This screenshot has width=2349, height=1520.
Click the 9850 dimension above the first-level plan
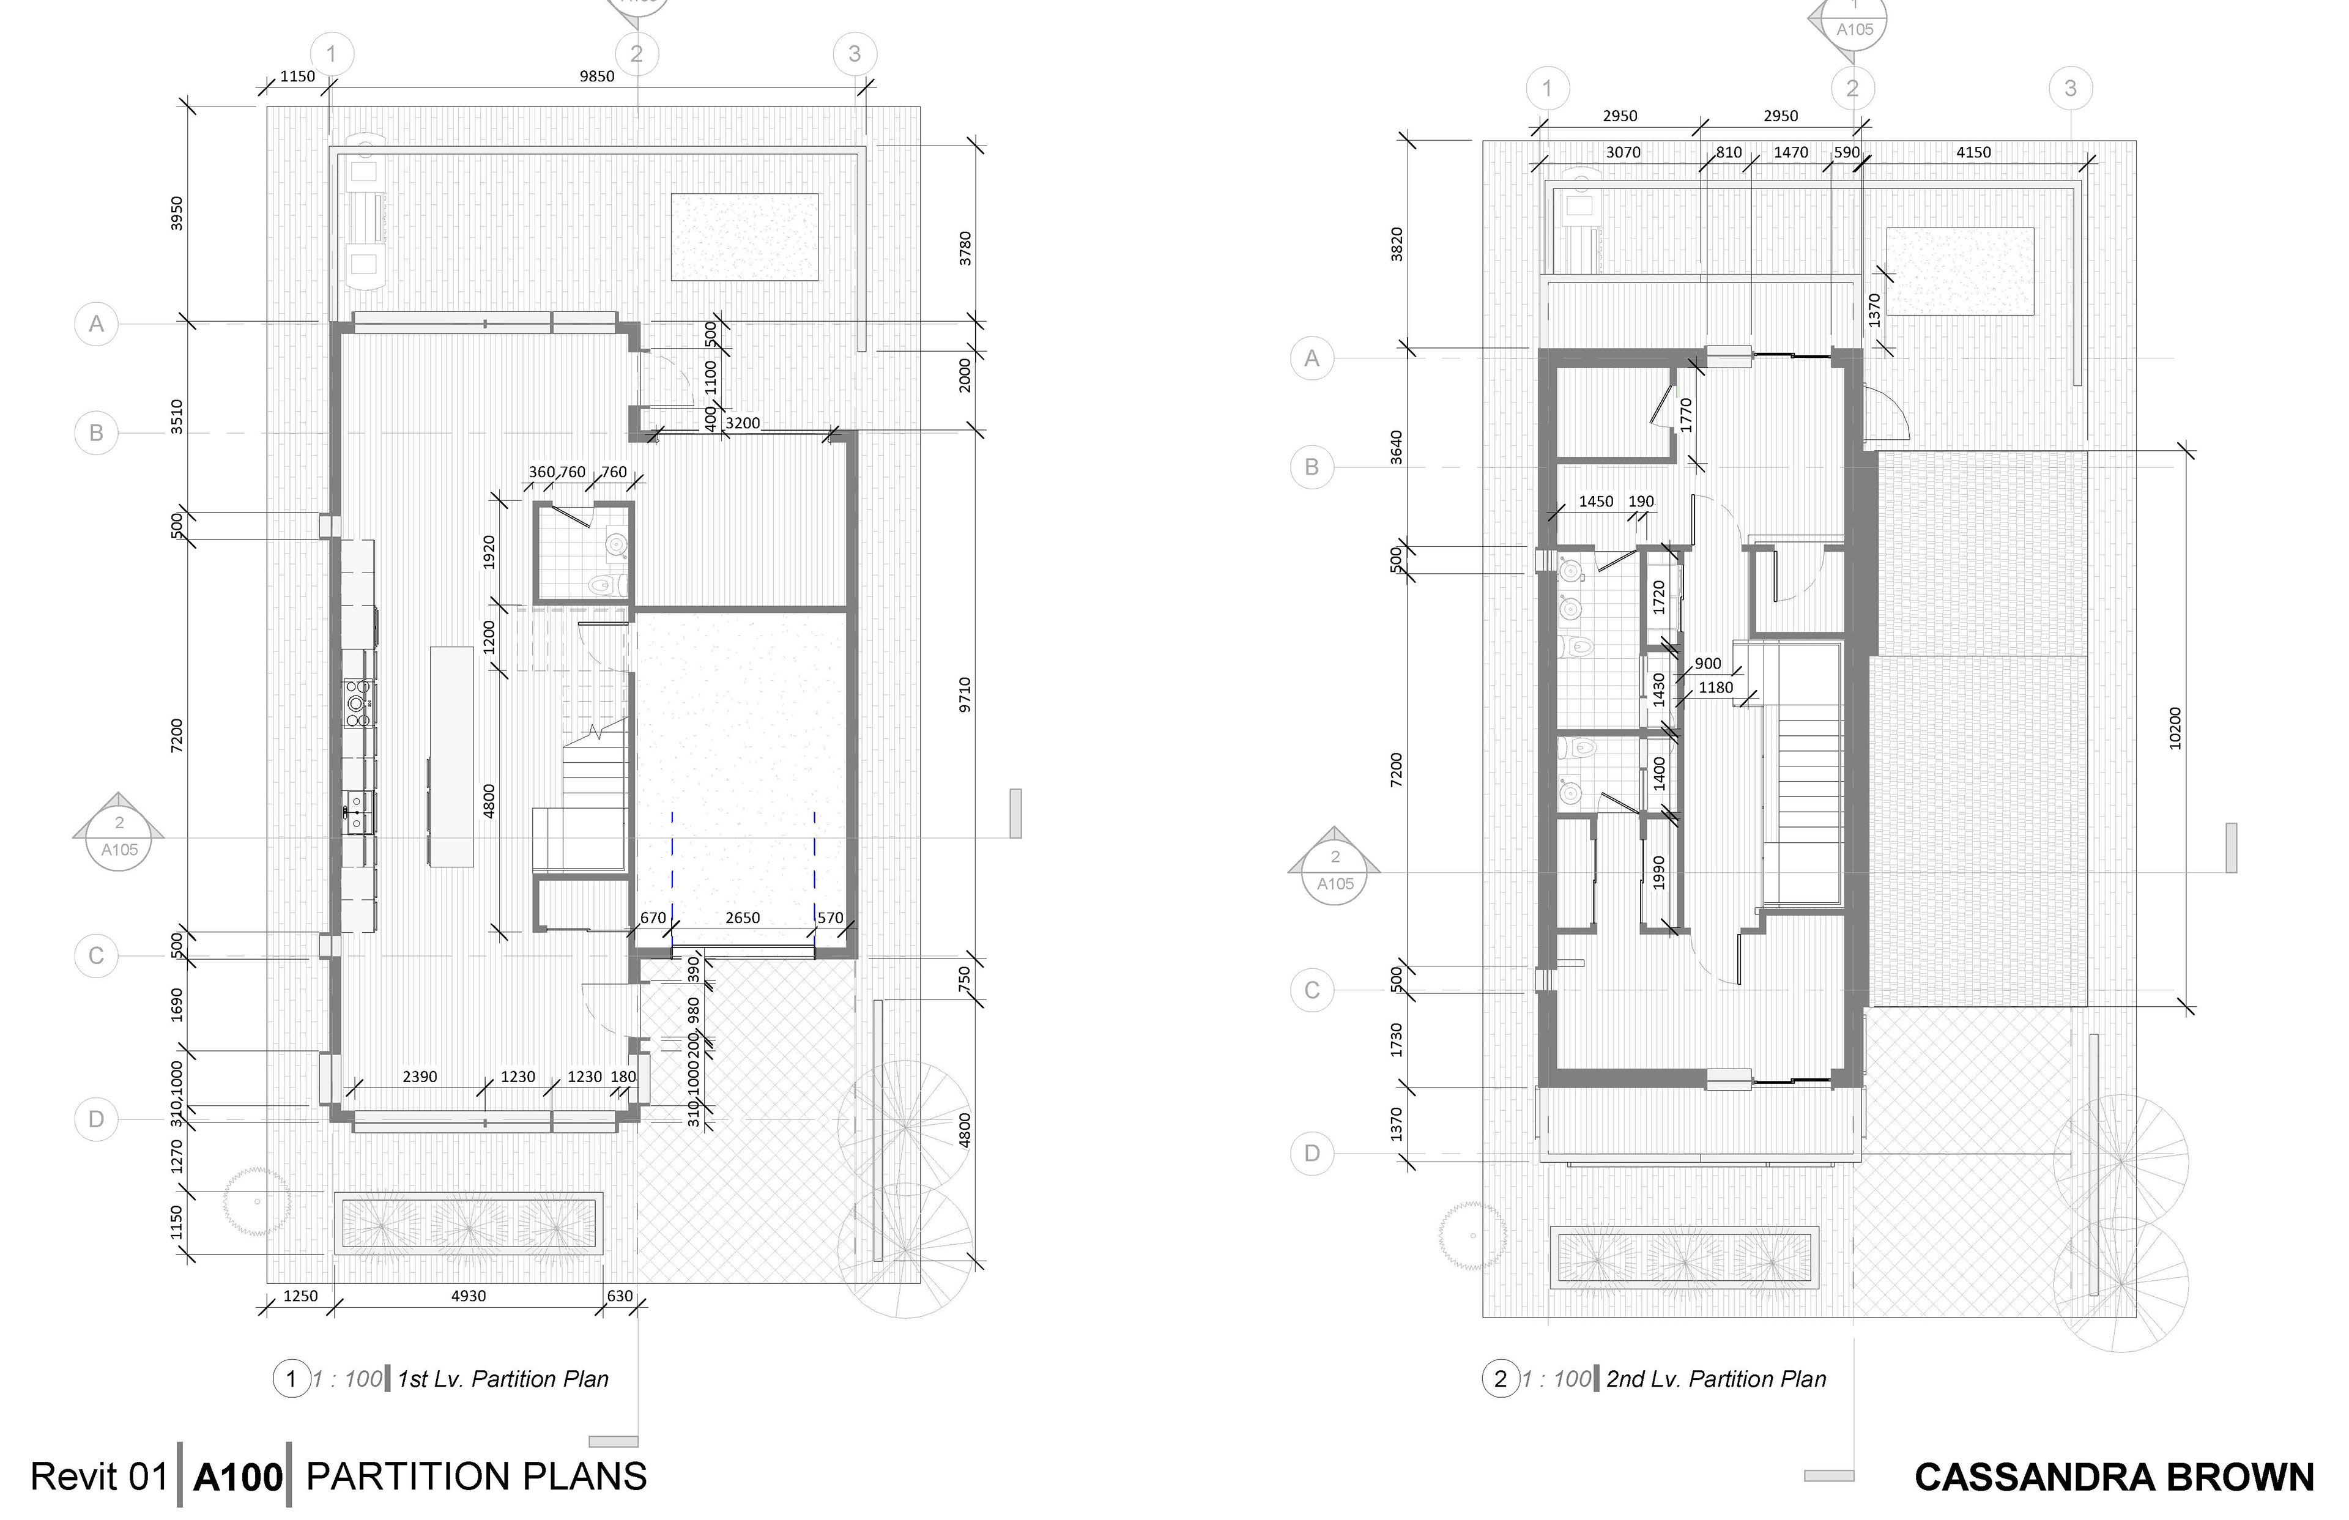597,76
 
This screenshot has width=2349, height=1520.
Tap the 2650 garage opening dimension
742,918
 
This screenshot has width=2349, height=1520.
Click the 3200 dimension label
742,423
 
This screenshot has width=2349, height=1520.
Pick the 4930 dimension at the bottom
468,1296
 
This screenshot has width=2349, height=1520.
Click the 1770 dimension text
1686,415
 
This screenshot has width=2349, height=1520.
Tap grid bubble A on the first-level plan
96,324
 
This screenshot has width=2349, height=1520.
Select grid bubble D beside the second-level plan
1312,1153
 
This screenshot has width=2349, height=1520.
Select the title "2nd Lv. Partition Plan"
1716,1379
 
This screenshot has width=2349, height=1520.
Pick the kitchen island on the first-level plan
451,756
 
